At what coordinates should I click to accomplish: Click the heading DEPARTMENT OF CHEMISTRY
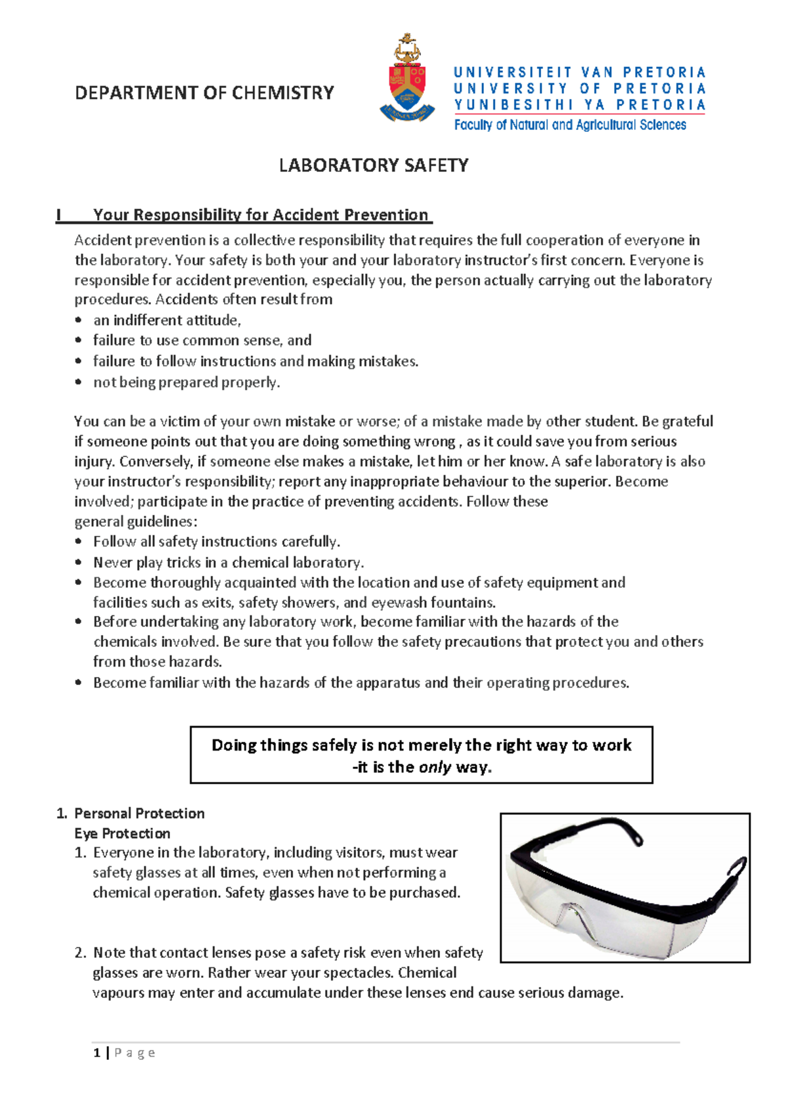tap(204, 93)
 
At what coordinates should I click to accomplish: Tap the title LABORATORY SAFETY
tap(374, 165)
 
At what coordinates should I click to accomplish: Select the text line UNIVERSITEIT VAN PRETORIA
tap(579, 72)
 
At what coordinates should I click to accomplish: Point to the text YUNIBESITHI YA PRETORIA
tap(579, 105)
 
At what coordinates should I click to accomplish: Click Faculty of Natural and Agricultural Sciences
tap(570, 125)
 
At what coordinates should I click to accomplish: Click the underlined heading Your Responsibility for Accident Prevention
tap(261, 215)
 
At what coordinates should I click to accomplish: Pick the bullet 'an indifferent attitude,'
tap(167, 320)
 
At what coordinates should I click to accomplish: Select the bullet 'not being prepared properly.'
tap(186, 382)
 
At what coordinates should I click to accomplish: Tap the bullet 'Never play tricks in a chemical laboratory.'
tap(229, 563)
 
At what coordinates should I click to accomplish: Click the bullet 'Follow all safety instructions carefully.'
tap(217, 542)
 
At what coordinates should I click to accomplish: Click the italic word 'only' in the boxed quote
tap(435, 767)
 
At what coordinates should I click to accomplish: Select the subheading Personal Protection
tap(139, 814)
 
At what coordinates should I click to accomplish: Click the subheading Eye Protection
tap(122, 833)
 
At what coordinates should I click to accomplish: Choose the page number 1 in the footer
tap(97, 1053)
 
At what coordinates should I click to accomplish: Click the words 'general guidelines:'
tap(135, 522)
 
